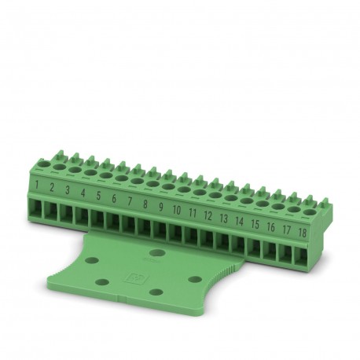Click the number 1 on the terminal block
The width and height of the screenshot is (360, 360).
coord(37,186)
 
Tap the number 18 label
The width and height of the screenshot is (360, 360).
coord(301,233)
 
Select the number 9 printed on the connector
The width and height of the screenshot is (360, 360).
coord(160,208)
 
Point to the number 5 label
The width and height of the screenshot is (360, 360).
coord(98,197)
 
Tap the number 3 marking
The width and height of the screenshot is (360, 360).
coord(68,191)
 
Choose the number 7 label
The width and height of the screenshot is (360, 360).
coord(130,202)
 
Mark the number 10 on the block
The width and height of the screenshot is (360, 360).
coord(177,211)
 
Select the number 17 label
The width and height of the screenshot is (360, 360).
coord(285,230)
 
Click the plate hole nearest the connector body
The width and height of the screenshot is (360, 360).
coord(158,253)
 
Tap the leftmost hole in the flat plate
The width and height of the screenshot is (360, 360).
coord(91,259)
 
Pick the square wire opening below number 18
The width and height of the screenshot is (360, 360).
coord(299,255)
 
